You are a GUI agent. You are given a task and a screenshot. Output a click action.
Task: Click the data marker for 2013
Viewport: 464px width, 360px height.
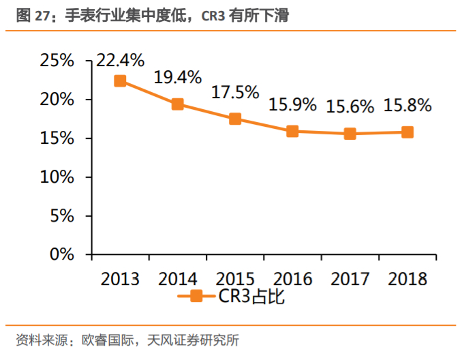(120, 81)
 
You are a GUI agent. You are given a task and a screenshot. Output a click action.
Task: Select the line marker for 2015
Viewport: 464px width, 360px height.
(235, 119)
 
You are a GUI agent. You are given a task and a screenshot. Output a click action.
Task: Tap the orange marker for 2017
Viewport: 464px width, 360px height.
(350, 134)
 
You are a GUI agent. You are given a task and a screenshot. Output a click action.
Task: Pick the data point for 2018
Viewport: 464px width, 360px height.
(407, 132)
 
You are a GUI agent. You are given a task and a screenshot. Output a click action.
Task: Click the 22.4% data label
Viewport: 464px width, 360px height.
(120, 61)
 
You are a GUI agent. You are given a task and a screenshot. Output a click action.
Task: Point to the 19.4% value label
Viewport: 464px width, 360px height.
(177, 77)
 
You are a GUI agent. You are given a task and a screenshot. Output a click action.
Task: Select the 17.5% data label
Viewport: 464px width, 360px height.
(235, 92)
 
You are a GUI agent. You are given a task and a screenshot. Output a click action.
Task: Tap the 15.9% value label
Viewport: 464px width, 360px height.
(292, 104)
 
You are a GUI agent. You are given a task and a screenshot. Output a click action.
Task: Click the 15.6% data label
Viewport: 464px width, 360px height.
(350, 106)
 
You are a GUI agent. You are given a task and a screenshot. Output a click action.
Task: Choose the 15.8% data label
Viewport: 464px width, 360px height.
(407, 106)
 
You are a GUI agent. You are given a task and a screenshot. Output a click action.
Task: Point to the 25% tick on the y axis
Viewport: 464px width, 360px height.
(57, 61)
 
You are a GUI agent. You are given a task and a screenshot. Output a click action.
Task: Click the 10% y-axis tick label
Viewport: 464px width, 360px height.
(57, 177)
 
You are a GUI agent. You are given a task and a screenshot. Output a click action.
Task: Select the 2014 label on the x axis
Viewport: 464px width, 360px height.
(177, 279)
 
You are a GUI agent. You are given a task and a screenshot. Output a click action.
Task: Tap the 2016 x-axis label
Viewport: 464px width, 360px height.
(292, 279)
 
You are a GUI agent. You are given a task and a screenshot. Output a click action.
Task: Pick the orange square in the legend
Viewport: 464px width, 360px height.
(196, 296)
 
